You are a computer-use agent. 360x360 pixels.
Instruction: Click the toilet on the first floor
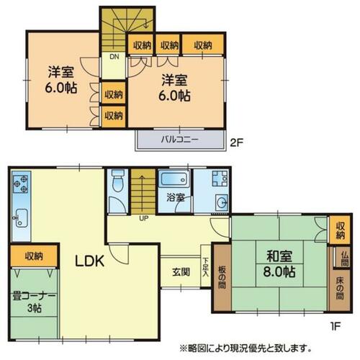pos(118,181)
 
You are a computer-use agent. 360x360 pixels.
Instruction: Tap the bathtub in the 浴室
pos(174,179)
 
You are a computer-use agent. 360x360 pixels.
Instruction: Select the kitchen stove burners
pos(20,184)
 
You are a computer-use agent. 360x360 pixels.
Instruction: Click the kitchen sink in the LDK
pos(21,218)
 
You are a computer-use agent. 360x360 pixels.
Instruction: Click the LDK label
pos(90,261)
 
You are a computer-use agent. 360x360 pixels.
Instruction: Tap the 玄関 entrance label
pos(181,272)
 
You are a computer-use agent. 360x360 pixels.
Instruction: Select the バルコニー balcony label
pos(180,140)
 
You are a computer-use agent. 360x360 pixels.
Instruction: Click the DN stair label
pos(114,57)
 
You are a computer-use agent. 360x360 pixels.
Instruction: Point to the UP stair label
pos(144,218)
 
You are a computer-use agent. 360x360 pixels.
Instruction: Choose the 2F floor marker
pos(237,143)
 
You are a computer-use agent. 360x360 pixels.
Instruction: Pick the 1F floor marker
pos(335,326)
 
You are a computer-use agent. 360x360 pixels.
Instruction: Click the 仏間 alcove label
pos(345,258)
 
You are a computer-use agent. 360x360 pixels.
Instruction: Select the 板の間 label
pos(222,277)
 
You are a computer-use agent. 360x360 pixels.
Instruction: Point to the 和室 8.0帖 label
pos(279,264)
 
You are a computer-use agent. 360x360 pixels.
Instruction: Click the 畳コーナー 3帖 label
pos(34,302)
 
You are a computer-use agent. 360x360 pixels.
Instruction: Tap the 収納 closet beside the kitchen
pos(34,256)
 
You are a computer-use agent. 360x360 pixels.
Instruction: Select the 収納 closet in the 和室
pos(341,230)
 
